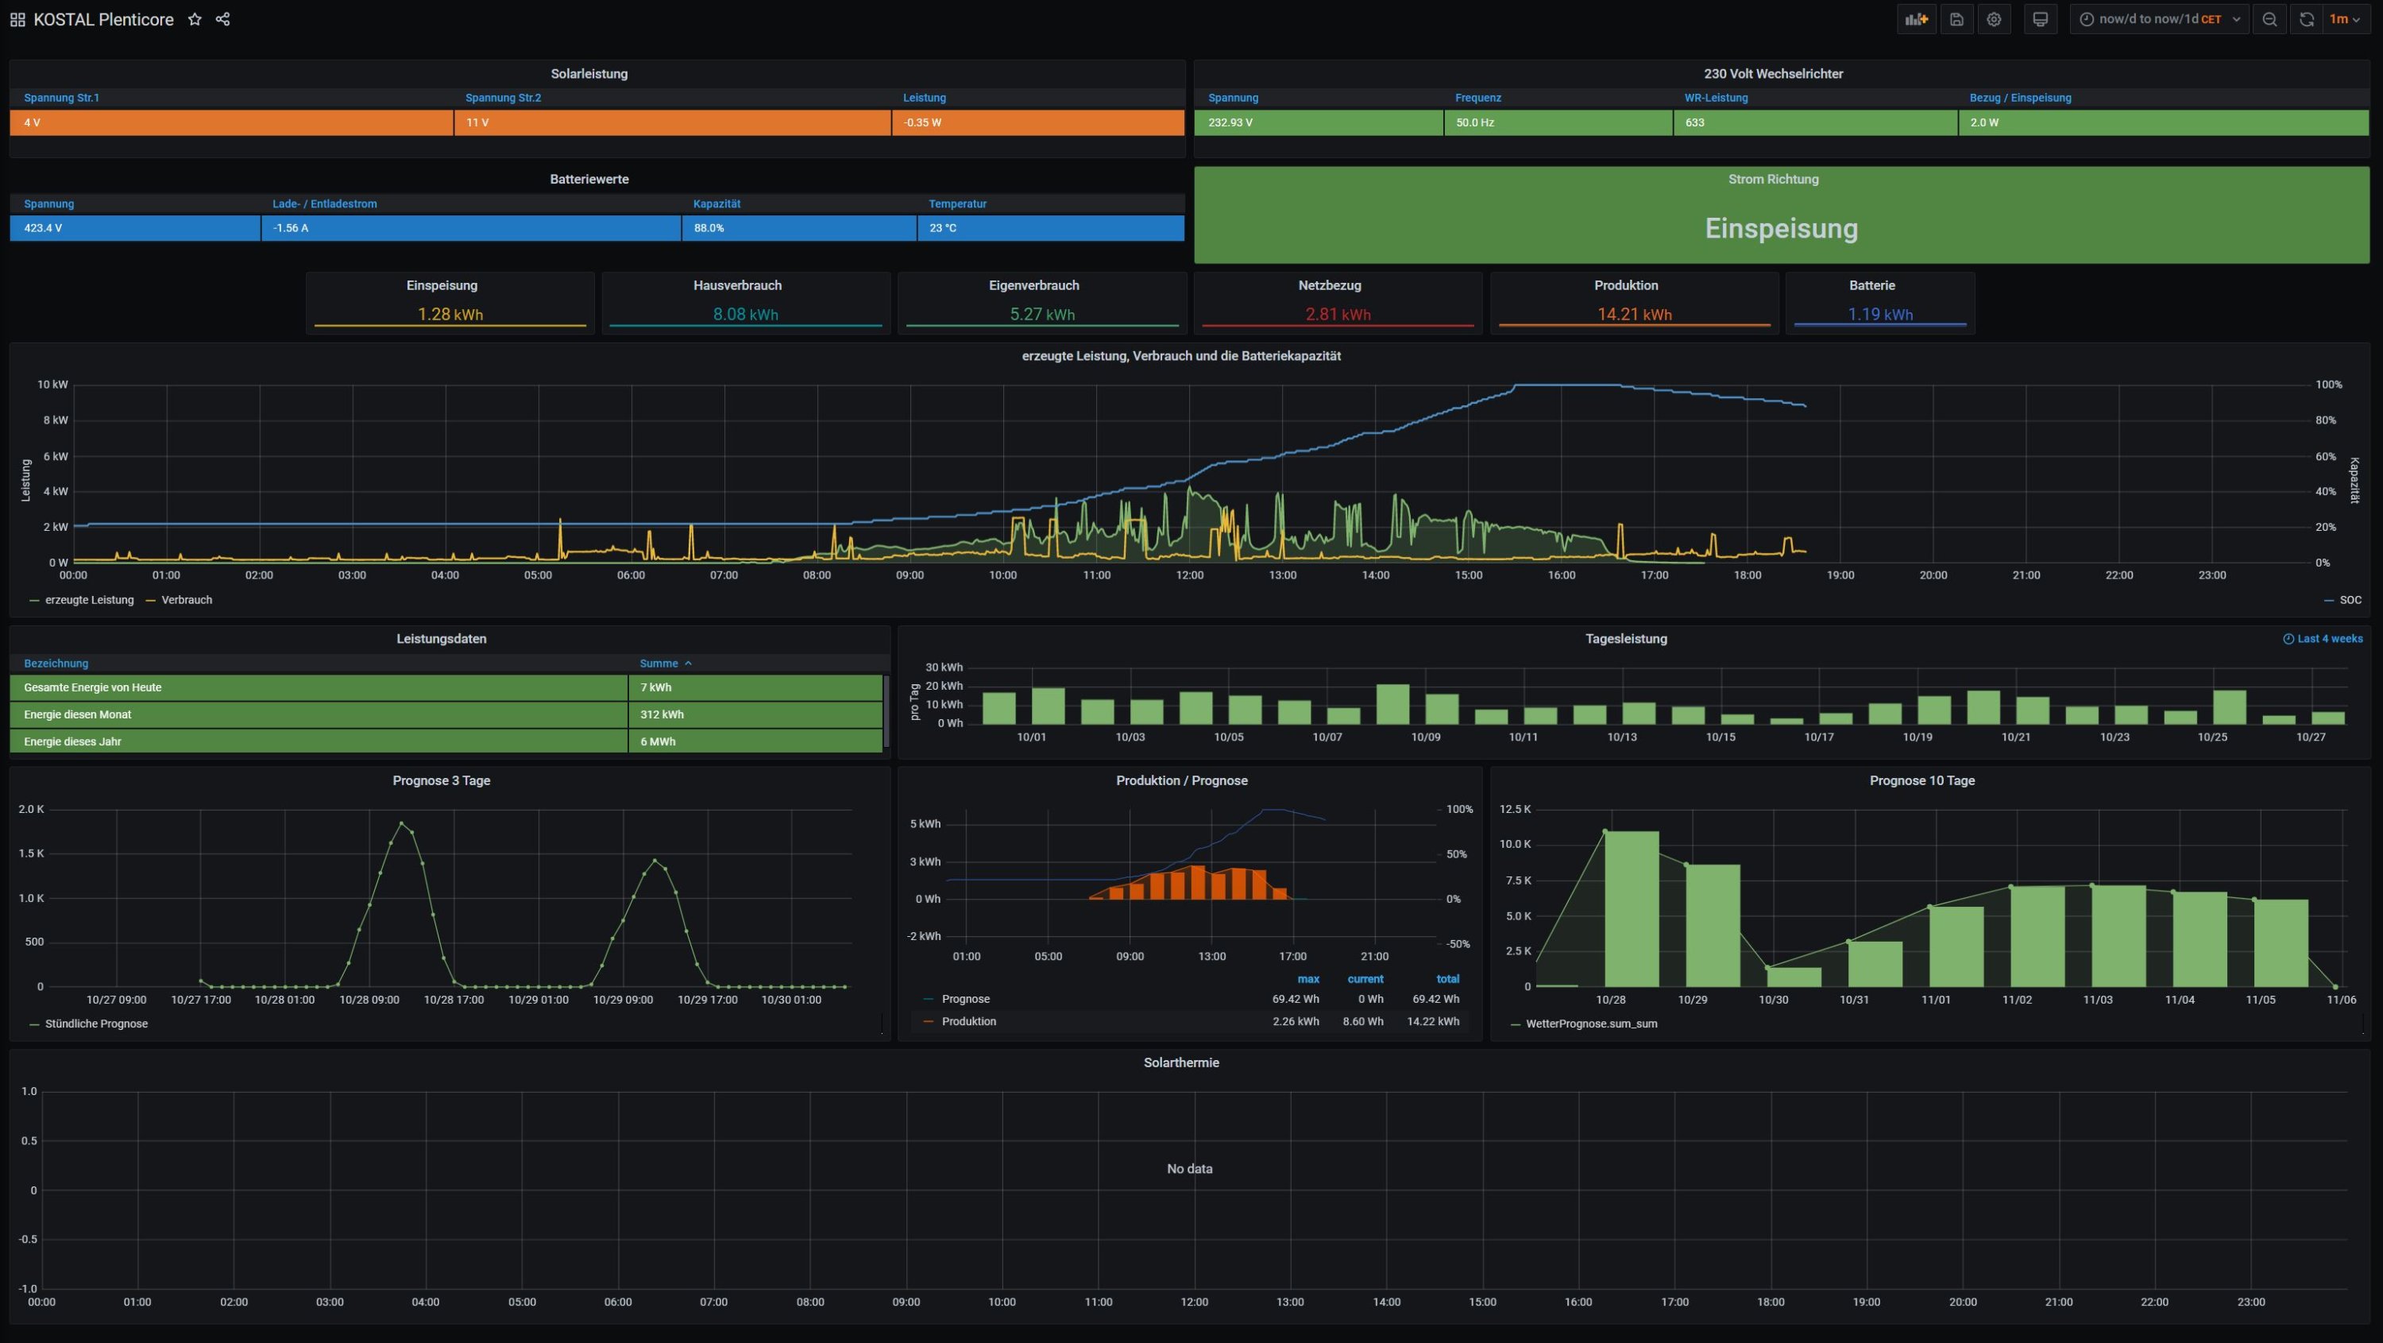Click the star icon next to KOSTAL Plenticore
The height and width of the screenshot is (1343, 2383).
(195, 19)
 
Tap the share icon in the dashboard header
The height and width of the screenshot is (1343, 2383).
(223, 19)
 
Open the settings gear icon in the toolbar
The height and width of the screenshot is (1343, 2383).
(1994, 19)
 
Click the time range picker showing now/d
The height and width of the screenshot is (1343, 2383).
(2159, 19)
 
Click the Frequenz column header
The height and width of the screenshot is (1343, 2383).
(1477, 98)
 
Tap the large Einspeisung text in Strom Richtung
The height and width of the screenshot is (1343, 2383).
(1781, 229)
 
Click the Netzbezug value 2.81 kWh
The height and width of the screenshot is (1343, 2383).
(1338, 315)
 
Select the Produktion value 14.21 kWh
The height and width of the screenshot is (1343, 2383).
(1634, 315)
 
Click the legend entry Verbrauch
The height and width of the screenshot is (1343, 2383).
(186, 600)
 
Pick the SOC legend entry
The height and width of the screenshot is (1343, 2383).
(2350, 600)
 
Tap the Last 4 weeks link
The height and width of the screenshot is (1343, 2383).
(2328, 639)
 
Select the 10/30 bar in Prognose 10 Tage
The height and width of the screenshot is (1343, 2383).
(1794, 977)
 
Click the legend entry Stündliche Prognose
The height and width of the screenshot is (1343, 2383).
(96, 1024)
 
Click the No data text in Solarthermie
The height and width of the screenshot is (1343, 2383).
(1189, 1169)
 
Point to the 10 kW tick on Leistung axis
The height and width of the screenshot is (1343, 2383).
(52, 384)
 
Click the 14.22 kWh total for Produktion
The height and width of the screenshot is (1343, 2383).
(1432, 1022)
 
